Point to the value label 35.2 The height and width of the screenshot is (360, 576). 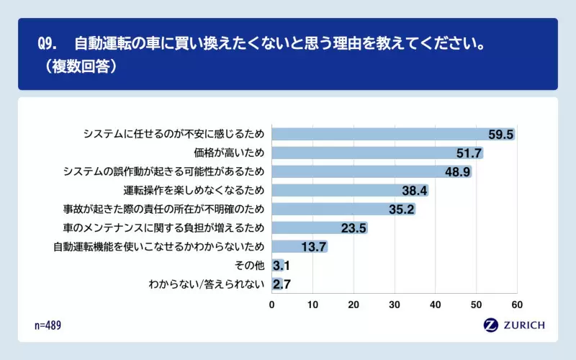(402, 210)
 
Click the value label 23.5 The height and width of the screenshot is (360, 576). (354, 228)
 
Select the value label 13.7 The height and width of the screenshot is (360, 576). (314, 247)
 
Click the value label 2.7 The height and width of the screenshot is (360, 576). (282, 284)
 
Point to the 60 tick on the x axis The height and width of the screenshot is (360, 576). (516, 305)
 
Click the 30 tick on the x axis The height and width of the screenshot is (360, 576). (394, 305)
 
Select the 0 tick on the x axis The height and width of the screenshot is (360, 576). (271, 305)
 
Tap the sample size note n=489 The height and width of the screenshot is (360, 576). (48, 325)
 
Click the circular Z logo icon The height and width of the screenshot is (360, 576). (492, 325)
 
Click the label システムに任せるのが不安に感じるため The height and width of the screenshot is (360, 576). (174, 134)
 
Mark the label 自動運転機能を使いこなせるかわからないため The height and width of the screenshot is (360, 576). (159, 247)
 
